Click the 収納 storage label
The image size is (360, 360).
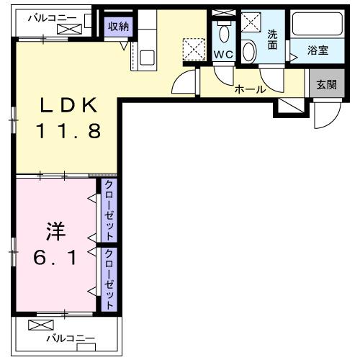(x=118, y=26)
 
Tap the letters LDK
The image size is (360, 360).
(x=68, y=105)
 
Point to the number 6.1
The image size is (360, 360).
(x=55, y=258)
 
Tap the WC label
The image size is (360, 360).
(x=222, y=55)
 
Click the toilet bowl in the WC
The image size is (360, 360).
(x=224, y=32)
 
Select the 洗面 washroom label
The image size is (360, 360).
(x=272, y=39)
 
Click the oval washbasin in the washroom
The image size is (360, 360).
(x=249, y=50)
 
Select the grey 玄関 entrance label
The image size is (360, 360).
(x=326, y=84)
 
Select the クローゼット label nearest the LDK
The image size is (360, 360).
(x=110, y=210)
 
